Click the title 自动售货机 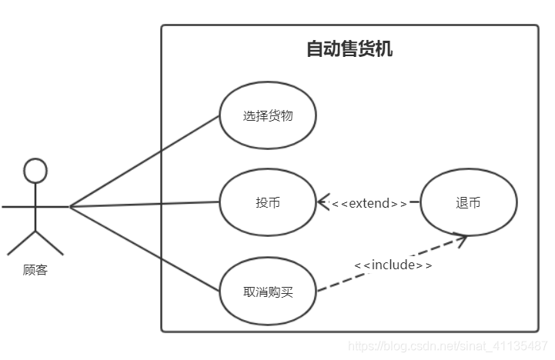point(349,49)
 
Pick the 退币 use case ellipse point(468,202)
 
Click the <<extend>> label point(369,204)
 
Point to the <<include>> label point(393,265)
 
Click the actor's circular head point(35,170)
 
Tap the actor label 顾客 point(35,270)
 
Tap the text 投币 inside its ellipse point(268,203)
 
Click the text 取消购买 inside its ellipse point(268,292)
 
